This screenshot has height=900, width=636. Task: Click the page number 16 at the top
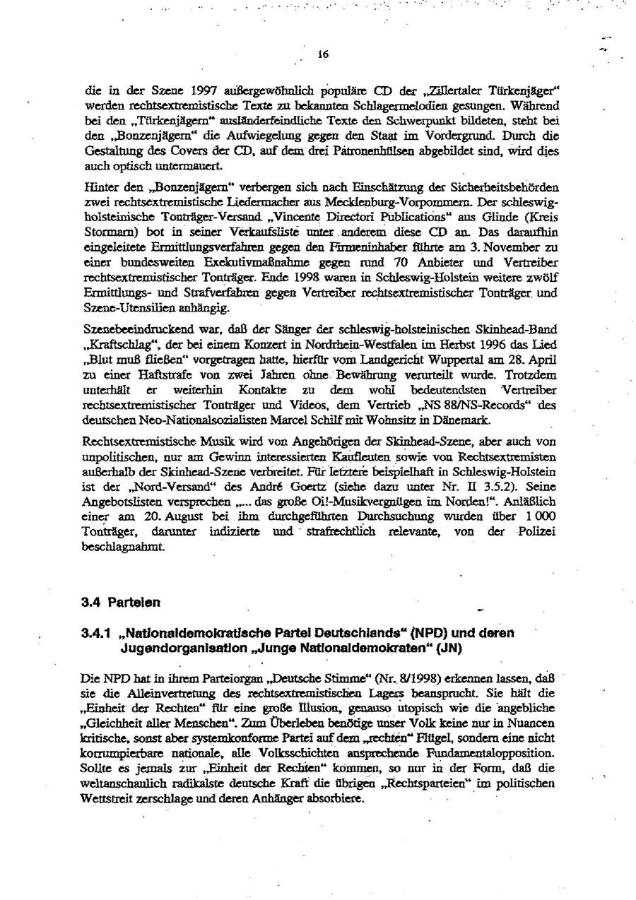(x=323, y=54)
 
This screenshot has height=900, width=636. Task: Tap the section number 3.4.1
(x=95, y=634)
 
